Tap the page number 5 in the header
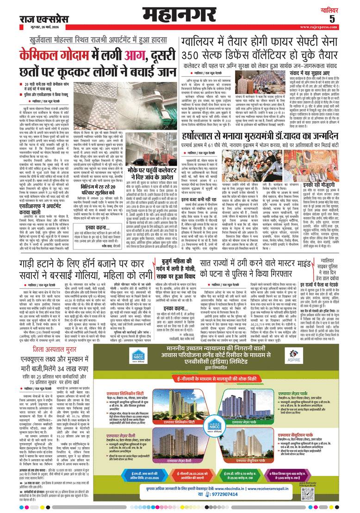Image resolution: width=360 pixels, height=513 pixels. [x=344, y=19]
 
